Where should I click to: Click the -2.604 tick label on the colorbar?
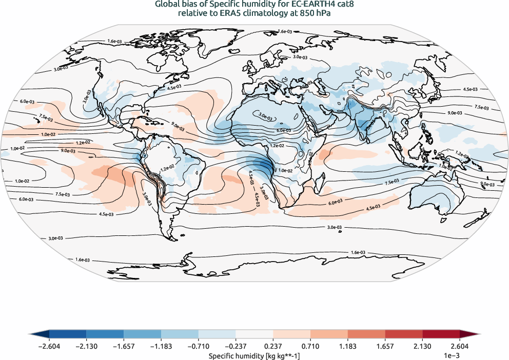(x=49, y=347)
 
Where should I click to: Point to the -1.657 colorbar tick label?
(x=124, y=347)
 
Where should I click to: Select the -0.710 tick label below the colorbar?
(x=198, y=347)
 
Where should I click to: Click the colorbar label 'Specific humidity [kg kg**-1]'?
(x=254, y=355)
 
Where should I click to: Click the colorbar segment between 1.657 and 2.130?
(x=403, y=334)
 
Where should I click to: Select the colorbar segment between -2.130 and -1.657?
(x=105, y=334)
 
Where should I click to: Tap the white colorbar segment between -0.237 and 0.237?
(x=254, y=334)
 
